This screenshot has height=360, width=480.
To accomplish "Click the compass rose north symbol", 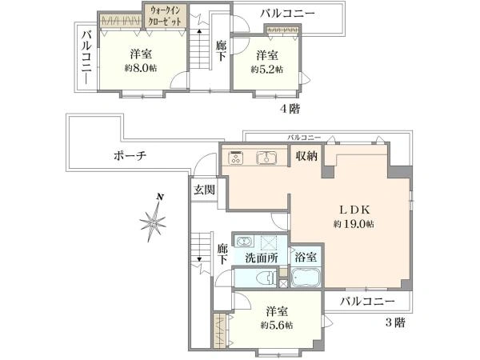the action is click(x=153, y=218).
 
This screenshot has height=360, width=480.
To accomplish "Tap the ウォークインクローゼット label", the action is click(x=165, y=16).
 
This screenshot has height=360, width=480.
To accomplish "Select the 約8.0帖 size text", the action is click(x=141, y=68).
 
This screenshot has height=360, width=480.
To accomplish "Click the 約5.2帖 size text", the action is click(x=267, y=70).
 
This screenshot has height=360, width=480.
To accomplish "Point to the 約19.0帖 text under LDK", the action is click(x=354, y=224).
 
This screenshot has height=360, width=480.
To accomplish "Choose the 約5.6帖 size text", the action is click(x=277, y=325).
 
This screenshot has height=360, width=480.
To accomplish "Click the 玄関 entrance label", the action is click(x=204, y=190).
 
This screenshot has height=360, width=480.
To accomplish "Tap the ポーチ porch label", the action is click(x=130, y=156).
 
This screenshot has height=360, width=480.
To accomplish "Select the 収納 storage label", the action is click(x=306, y=156).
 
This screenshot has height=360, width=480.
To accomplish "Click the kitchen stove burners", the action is click(x=236, y=158).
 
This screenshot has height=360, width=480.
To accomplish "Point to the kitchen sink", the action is click(x=266, y=158).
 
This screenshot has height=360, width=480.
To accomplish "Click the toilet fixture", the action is click(x=266, y=278).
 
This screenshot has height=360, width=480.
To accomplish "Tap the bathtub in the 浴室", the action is click(x=306, y=278).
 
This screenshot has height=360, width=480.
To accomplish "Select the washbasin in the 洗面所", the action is click(x=243, y=242).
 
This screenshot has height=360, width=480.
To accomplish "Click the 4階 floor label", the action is click(x=290, y=109).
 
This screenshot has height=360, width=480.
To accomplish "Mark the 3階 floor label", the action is click(x=395, y=322).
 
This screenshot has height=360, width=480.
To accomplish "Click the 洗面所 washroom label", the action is click(x=262, y=258).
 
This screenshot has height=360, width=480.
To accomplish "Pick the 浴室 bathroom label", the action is click(x=306, y=257).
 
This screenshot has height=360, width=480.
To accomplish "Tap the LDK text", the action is click(x=355, y=210).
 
